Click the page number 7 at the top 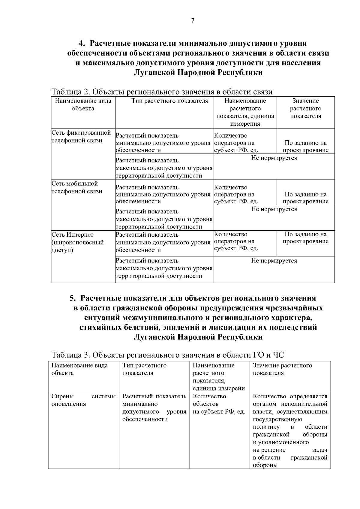[x=193, y=21]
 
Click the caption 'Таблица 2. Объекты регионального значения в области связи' [x=162, y=91]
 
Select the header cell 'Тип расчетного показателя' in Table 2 [x=170, y=101]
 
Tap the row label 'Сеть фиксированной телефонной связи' [x=81, y=136]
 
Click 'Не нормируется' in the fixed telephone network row [x=274, y=158]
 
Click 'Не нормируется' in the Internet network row [x=274, y=261]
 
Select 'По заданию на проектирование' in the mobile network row [x=305, y=198]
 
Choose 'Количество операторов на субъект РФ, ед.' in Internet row [x=236, y=241]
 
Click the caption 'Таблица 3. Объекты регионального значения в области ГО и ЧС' [x=168, y=355]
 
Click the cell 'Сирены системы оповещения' [x=83, y=400]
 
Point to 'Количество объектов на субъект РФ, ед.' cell [x=219, y=404]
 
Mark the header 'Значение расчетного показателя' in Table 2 [x=305, y=109]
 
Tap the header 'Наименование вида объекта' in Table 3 [x=79, y=369]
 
